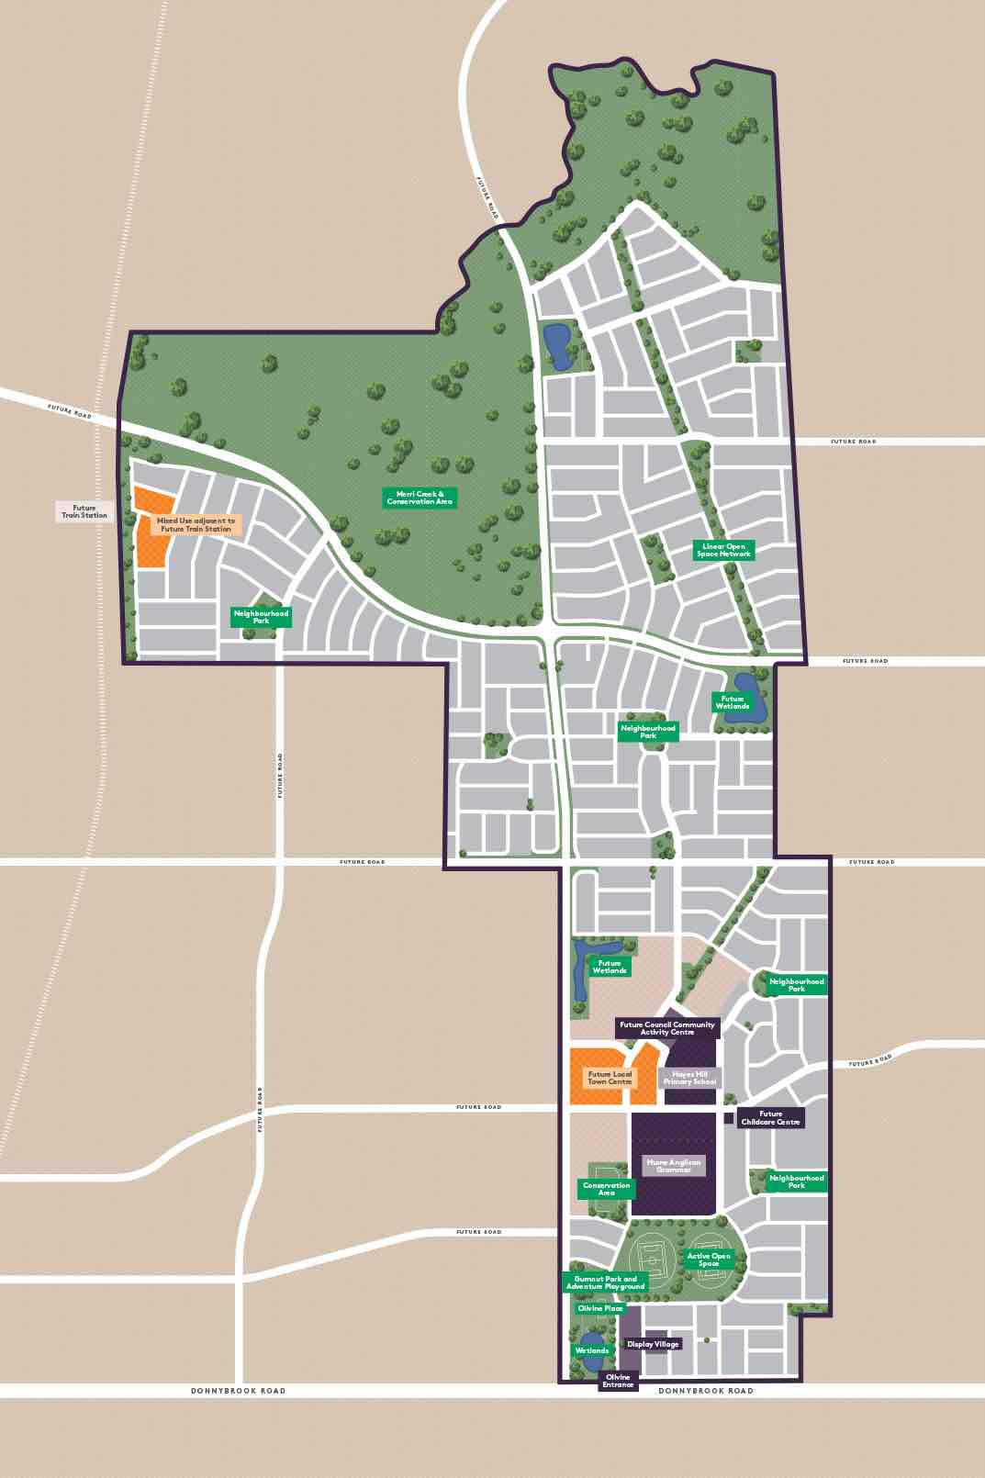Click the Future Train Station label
84,511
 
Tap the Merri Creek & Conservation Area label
420,498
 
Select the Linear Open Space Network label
723,550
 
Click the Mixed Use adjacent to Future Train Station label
196,524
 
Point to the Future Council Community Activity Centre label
666,1028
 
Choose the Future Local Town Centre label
610,1078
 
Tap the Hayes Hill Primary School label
689,1078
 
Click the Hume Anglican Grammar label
673,1166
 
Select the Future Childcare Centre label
770,1118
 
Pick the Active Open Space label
709,1260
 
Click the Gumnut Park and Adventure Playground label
605,1282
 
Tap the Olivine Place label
600,1308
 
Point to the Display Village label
653,1344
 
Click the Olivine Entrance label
618,1381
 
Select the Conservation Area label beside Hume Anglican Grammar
606,1189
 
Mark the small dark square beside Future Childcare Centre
729,1118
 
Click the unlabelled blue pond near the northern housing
556,345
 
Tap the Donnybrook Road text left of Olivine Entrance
238,1391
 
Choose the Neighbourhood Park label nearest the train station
261,617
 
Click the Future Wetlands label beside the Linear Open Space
732,702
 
